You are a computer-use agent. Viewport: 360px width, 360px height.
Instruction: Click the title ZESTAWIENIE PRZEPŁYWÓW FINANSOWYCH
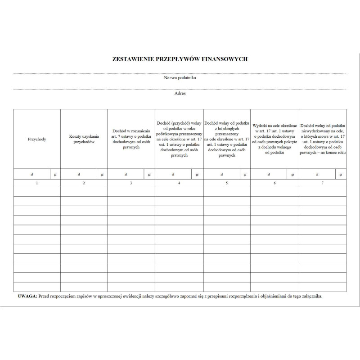pyautogui.click(x=180, y=59)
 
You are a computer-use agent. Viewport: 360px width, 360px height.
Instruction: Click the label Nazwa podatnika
pyautogui.click(x=180, y=78)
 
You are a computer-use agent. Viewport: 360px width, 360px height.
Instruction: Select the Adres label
pyautogui.click(x=180, y=94)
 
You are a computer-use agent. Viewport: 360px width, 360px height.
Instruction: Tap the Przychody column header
pyautogui.click(x=37, y=139)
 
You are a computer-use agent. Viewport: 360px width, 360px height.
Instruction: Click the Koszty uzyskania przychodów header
pyautogui.click(x=84, y=139)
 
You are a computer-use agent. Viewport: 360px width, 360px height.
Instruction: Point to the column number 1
pyautogui.click(x=37, y=183)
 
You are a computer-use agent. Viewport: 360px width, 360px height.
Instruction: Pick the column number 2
pyautogui.click(x=84, y=183)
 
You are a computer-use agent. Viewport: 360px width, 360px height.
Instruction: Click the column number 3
pyautogui.click(x=131, y=183)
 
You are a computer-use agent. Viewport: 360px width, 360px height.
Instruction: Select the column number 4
pyautogui.click(x=179, y=183)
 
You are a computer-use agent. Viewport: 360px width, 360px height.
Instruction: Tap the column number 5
pyautogui.click(x=227, y=183)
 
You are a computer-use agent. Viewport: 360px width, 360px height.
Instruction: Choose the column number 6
pyautogui.click(x=274, y=183)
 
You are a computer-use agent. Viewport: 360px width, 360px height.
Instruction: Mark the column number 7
pyautogui.click(x=323, y=183)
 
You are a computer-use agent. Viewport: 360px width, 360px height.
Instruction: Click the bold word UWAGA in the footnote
pyautogui.click(x=27, y=297)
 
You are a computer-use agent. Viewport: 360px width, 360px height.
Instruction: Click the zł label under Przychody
pyautogui.click(x=31, y=174)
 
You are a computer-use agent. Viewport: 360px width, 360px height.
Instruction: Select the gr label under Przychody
pyautogui.click(x=55, y=174)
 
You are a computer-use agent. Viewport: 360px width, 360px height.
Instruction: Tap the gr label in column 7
pyautogui.click(x=341, y=174)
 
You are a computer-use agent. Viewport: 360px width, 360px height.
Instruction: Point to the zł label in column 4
pyautogui.click(x=173, y=174)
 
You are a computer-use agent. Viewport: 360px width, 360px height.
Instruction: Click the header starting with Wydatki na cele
pyautogui.click(x=274, y=139)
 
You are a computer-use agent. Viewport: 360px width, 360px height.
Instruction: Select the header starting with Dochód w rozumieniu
pyautogui.click(x=131, y=139)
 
